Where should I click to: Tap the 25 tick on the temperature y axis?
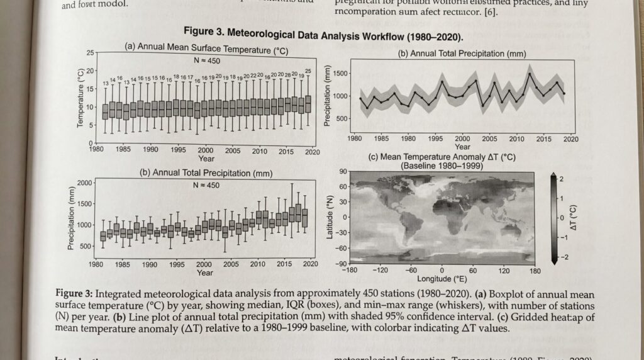coord(90,52)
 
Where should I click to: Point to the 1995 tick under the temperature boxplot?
coord(178,151)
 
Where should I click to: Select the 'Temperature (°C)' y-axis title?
coord(80,98)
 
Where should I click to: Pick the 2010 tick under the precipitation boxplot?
coord(258,265)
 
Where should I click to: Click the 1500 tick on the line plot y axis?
coord(339,74)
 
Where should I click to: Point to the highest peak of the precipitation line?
coord(530,74)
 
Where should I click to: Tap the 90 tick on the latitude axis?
coord(343,171)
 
